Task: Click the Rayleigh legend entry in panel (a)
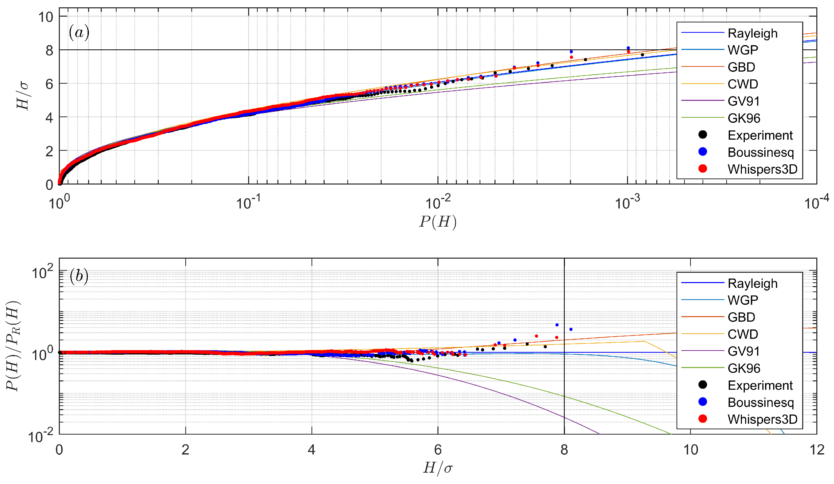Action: (x=752, y=33)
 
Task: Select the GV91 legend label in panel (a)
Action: (x=743, y=101)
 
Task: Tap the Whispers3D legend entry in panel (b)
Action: (x=762, y=419)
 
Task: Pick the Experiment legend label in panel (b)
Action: (x=760, y=385)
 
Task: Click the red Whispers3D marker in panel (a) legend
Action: (x=702, y=169)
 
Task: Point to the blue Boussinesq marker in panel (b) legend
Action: (x=702, y=402)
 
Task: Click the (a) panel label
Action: (x=79, y=33)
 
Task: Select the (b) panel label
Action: (x=79, y=276)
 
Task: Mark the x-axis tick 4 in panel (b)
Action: (x=311, y=450)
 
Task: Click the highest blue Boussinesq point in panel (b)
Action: (x=557, y=325)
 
